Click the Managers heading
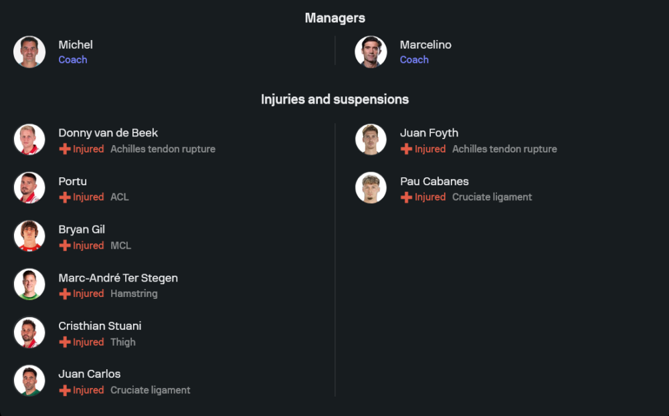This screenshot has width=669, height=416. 334,18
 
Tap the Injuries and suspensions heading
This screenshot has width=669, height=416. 334,100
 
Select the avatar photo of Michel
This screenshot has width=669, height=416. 29,52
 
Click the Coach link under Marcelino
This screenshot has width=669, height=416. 414,60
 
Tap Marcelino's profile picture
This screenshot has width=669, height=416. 371,52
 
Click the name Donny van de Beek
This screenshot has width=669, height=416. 108,133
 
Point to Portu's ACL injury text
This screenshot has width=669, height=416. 120,197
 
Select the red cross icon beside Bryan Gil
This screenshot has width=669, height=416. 65,245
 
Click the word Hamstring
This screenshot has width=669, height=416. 134,294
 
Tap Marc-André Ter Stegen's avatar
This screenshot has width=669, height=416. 29,285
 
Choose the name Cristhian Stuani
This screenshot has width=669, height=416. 100,326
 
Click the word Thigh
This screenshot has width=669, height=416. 123,342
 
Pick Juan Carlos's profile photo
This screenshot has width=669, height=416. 29,381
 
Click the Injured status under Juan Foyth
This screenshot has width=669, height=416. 429,149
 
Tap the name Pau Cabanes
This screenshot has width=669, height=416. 434,181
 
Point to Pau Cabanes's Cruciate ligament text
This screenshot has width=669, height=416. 492,197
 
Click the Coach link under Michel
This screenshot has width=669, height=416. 73,60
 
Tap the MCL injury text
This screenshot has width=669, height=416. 120,245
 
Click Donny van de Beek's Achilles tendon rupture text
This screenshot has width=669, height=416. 163,149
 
